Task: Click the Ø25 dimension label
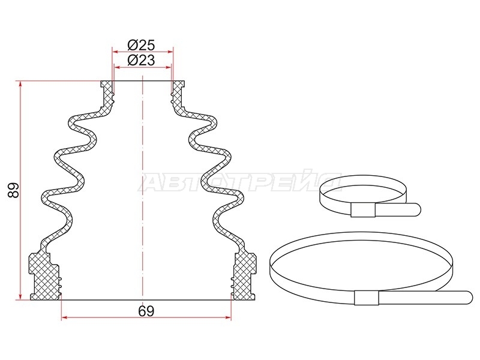141,46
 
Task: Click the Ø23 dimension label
141,60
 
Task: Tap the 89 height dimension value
14,190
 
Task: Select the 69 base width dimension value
146,311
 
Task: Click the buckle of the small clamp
363,210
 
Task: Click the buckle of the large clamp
367,298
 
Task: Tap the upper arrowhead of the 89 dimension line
20,83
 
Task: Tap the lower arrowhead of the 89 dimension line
20,297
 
